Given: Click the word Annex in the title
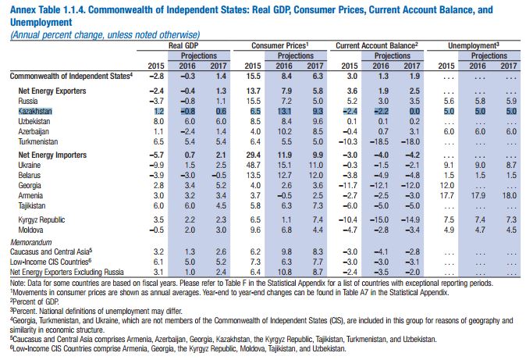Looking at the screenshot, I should click(x=22, y=9).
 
